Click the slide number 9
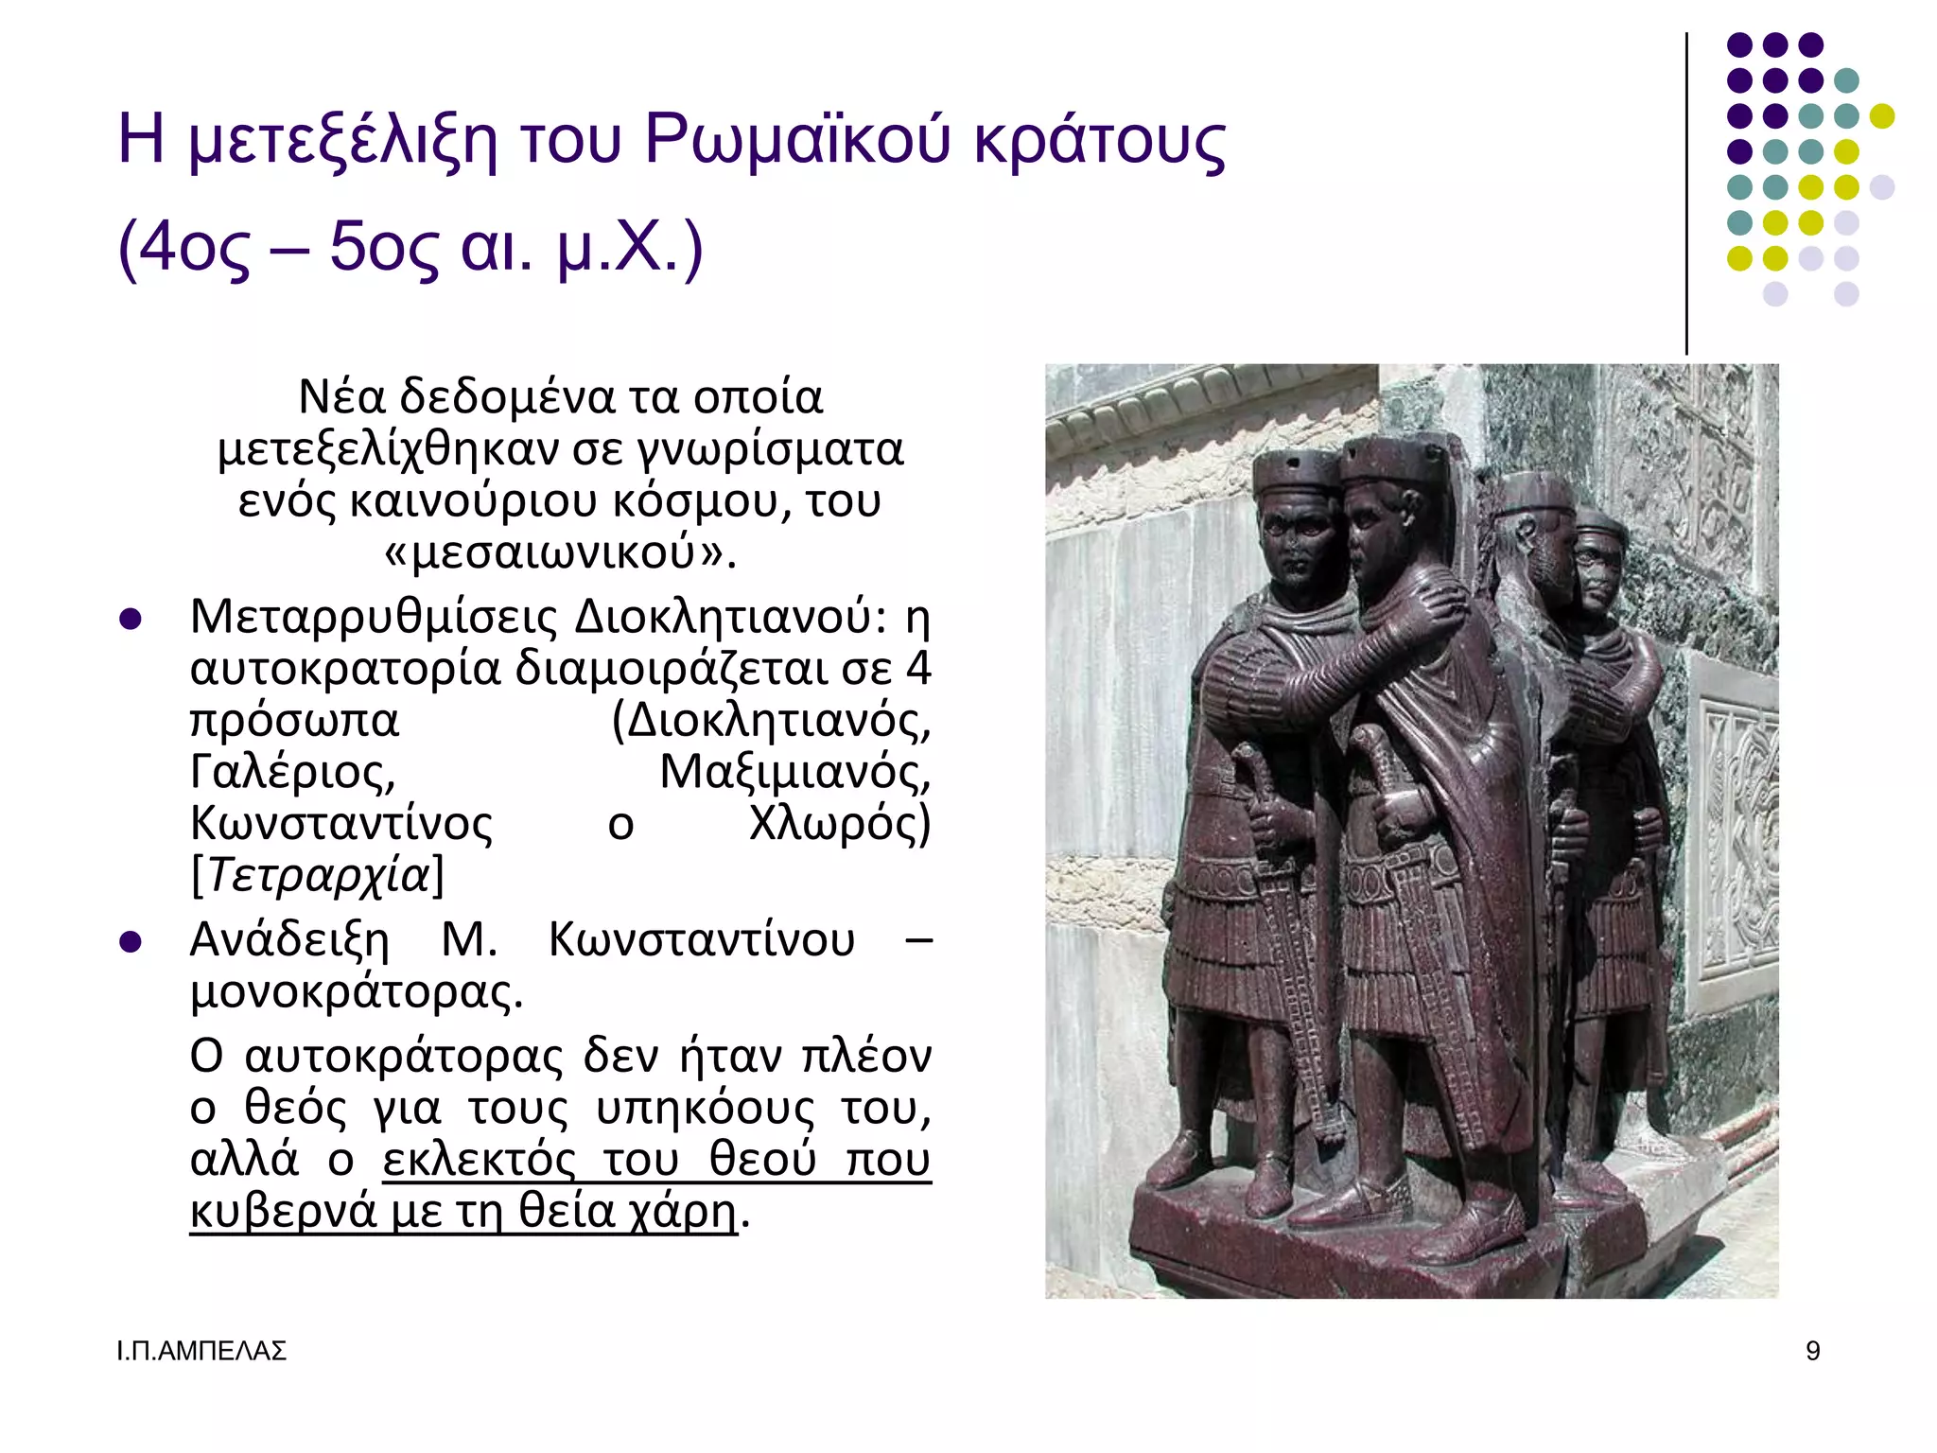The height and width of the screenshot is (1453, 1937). tap(1812, 1351)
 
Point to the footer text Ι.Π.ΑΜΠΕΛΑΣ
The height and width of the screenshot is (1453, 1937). tap(201, 1351)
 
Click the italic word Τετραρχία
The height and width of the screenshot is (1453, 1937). tap(318, 875)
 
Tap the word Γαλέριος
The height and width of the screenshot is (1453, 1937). tap(292, 772)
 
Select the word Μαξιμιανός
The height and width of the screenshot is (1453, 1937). tap(794, 772)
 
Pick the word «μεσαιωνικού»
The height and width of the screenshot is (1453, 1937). tap(560, 551)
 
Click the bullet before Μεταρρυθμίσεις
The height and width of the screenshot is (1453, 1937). tap(131, 620)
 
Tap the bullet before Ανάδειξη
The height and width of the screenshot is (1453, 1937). tap(131, 942)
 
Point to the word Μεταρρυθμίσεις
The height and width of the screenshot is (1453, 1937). tap(375, 618)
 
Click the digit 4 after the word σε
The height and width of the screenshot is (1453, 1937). tap(918, 669)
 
